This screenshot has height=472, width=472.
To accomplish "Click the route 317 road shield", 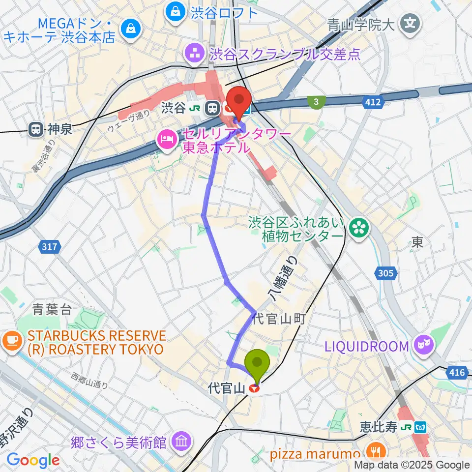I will click(49, 247).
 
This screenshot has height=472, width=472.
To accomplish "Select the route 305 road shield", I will click(386, 273).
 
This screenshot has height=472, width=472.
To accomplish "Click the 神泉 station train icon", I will click(36, 130).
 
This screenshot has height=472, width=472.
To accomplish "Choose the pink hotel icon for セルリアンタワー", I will click(166, 140).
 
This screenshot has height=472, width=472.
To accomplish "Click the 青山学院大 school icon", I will click(409, 23).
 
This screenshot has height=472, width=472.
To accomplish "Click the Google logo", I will click(33, 461).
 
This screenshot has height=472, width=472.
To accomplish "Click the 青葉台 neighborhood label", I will click(52, 310).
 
